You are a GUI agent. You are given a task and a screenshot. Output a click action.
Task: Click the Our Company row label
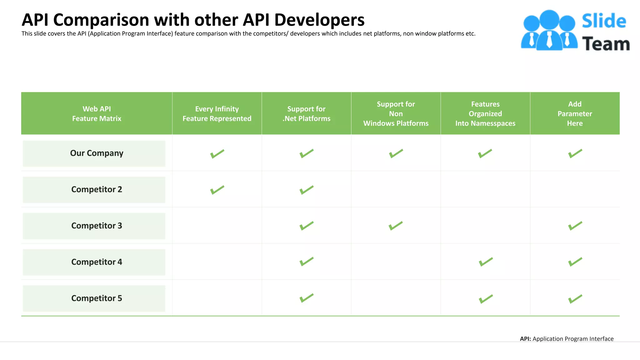[x=97, y=153]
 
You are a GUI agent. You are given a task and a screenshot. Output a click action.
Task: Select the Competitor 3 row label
[x=97, y=226]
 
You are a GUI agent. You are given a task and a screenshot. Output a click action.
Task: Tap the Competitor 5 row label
[x=97, y=298]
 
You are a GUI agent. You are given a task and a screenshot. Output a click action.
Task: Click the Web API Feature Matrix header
[x=97, y=113]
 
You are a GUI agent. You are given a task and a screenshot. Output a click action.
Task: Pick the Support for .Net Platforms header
[x=306, y=113]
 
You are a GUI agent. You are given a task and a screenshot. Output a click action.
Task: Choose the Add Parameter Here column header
[x=575, y=113]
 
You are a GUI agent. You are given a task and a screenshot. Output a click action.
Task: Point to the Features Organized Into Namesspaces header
[x=485, y=113]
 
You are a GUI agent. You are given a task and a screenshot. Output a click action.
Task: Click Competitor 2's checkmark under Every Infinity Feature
[x=217, y=190]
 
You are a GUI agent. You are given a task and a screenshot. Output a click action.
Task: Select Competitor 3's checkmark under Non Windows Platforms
[x=396, y=226]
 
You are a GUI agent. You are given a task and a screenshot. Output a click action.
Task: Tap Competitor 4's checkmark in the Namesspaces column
[x=486, y=262]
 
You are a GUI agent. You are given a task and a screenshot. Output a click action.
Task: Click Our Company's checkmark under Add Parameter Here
[x=575, y=153]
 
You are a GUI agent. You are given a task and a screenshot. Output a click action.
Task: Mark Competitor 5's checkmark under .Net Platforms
[x=307, y=298]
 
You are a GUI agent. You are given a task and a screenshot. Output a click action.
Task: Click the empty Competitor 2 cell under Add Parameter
[x=575, y=189]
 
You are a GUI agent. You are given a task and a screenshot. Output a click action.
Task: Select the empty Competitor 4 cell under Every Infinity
[x=217, y=262]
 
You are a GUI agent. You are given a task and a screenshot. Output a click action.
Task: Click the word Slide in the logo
[x=604, y=21]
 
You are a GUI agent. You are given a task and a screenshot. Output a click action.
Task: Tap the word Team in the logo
[x=606, y=44]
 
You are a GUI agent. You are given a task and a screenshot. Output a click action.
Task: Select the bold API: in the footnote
[x=525, y=339]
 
